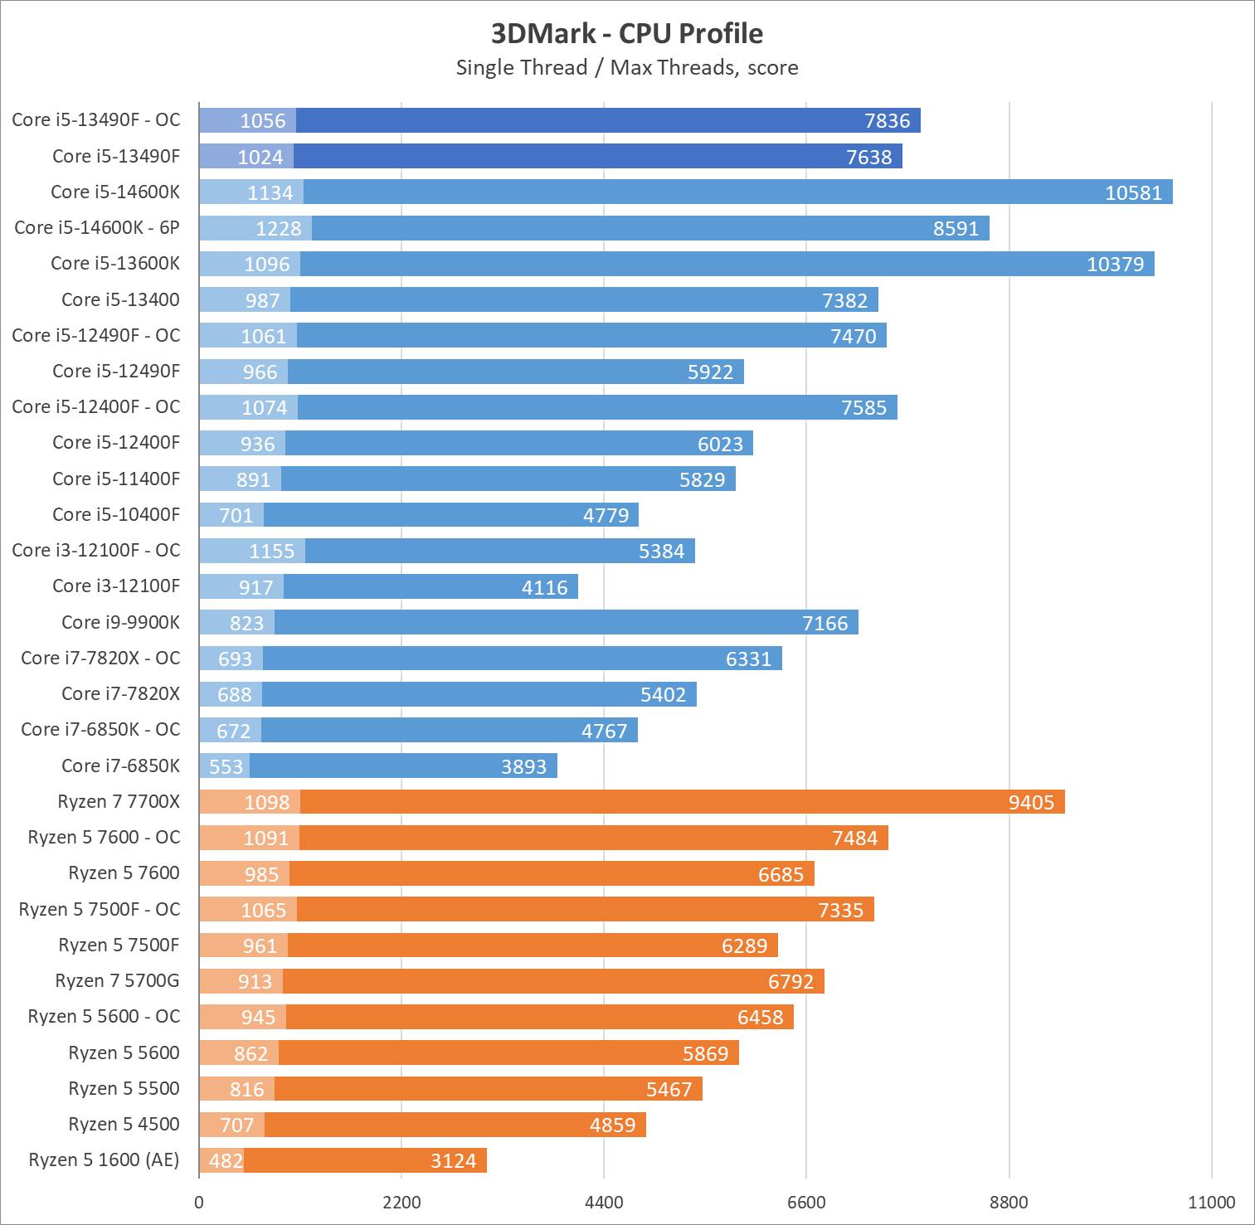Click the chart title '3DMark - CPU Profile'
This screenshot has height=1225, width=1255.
[627, 33]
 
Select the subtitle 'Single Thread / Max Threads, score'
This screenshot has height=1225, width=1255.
[627, 67]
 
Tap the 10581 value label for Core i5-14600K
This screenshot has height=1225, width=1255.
[1133, 192]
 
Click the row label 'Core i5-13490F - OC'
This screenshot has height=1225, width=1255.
[96, 119]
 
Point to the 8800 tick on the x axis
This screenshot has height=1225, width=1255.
[1009, 1202]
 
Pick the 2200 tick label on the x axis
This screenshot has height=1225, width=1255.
[401, 1202]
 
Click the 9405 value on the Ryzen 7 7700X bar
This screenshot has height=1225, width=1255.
[1031, 802]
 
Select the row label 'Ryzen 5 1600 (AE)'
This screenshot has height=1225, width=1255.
[105, 1159]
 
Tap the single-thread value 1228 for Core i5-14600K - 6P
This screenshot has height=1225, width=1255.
[278, 228]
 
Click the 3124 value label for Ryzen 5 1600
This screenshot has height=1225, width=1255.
[454, 1160]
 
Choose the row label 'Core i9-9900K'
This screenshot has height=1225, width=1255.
[121, 622]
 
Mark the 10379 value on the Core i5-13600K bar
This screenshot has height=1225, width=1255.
[1115, 264]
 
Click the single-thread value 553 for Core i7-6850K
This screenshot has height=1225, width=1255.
[226, 766]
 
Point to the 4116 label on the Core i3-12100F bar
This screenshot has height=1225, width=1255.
[545, 587]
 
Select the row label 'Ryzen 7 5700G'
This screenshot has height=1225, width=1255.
[118, 980]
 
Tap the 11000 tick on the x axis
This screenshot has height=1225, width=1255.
[1211, 1202]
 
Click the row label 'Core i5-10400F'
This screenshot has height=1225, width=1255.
[116, 514]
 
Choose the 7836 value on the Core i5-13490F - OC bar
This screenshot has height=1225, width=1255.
[887, 120]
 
